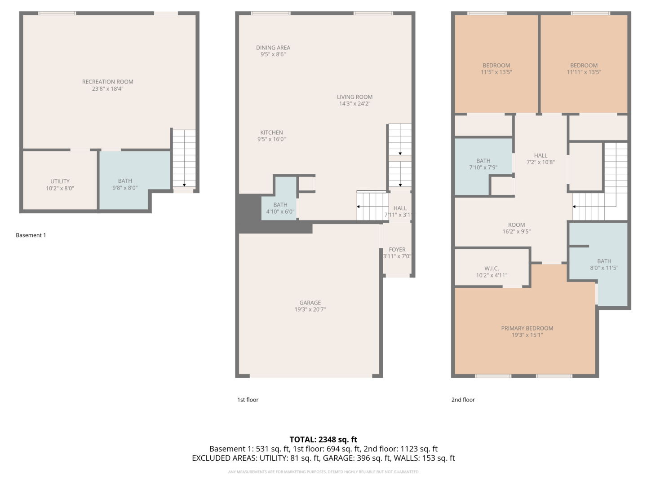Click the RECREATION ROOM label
[107, 82]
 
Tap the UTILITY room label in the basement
[60, 181]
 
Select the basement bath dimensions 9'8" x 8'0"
[125, 188]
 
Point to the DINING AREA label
[273, 48]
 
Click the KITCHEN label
[271, 132]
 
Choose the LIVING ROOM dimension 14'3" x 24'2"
[355, 104]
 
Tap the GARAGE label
[310, 303]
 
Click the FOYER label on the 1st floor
[397, 250]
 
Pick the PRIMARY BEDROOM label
[527, 328]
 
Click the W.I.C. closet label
[492, 269]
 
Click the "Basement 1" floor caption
[31, 235]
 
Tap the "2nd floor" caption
[463, 400]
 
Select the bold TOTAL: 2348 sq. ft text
[323, 440]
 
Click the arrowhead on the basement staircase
[184, 185]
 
